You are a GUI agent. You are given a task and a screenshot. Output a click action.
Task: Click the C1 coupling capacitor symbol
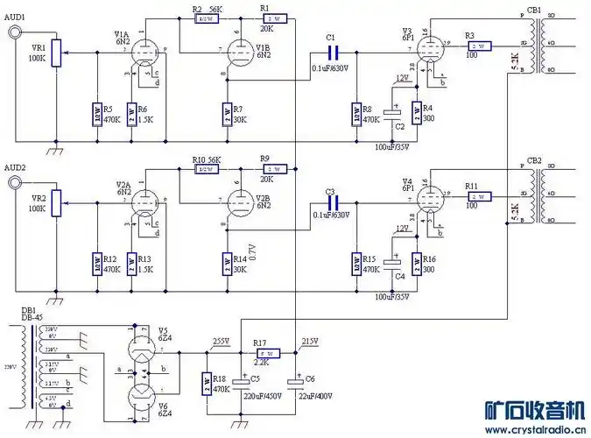point(331,52)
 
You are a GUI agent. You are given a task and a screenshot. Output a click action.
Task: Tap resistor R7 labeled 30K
point(227,112)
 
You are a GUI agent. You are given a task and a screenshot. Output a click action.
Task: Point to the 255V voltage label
point(222,341)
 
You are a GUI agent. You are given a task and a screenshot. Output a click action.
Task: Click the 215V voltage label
point(309,341)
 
